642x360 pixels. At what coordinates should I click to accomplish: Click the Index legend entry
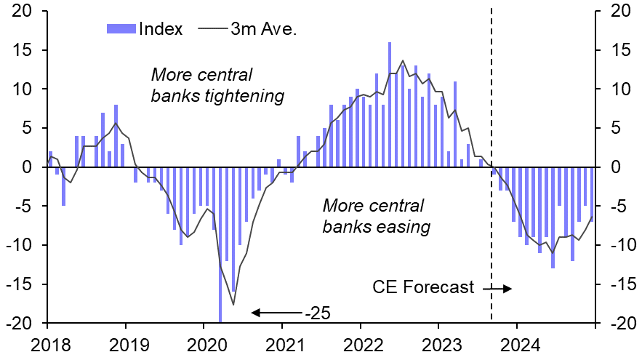[145, 29]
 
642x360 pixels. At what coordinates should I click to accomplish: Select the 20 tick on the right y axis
[619, 11]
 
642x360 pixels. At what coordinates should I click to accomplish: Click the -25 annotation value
[316, 313]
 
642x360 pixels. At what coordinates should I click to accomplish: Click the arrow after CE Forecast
[497, 288]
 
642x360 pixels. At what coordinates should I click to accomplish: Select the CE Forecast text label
[422, 287]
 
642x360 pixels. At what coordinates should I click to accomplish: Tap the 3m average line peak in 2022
[403, 60]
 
